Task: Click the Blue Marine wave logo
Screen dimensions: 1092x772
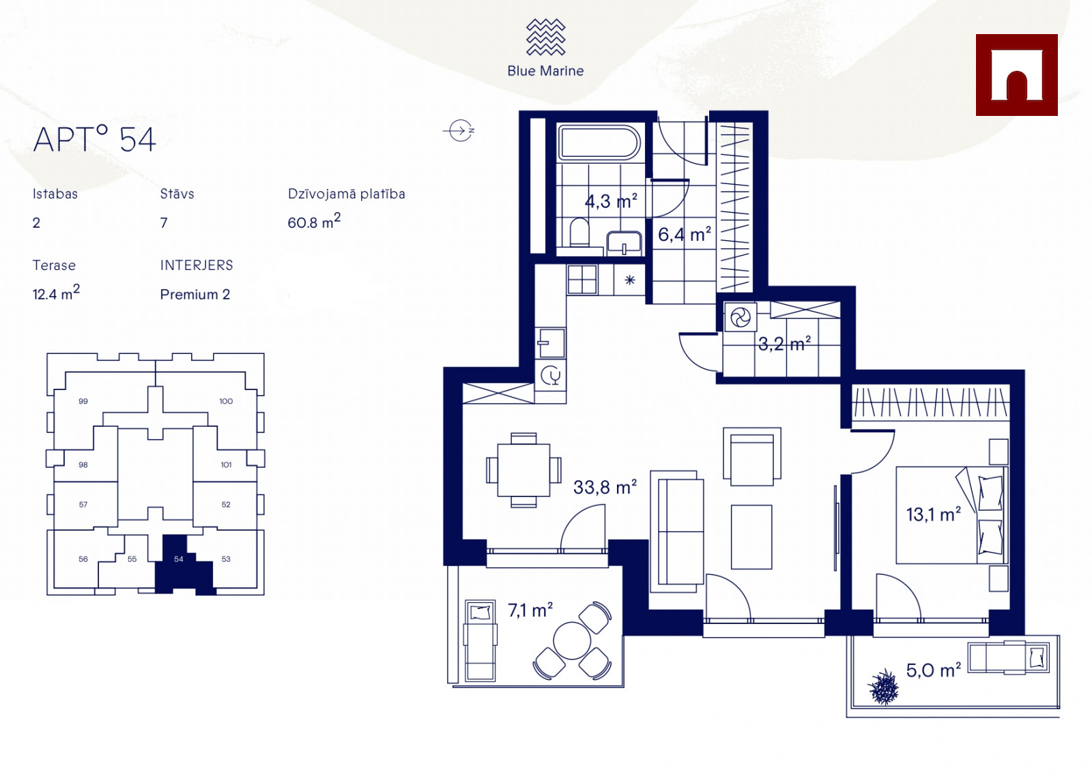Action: coord(545,37)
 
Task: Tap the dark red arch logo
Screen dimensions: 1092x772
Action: coord(1016,75)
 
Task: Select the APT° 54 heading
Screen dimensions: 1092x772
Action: coord(95,139)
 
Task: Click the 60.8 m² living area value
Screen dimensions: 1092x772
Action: coord(314,221)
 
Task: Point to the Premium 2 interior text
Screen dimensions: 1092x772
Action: coord(195,295)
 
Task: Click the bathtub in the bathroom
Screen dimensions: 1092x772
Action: coord(599,143)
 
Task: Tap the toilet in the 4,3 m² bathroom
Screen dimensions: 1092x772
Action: coord(579,232)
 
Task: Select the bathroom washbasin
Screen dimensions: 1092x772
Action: coord(624,243)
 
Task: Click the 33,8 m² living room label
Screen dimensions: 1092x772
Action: coord(605,487)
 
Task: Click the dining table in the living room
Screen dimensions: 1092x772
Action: coord(523,470)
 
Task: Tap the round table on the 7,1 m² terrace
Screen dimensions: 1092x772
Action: coord(572,640)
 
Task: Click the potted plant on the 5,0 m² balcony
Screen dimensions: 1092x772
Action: coord(883,687)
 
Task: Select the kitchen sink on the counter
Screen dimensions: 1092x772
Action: coord(551,343)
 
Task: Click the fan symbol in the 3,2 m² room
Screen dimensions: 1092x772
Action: coord(741,318)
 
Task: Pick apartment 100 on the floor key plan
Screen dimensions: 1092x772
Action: coord(226,401)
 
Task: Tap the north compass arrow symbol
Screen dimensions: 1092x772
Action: coord(459,130)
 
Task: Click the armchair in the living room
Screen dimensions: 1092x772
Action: coord(752,457)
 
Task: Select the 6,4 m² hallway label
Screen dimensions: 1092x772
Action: coord(685,235)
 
